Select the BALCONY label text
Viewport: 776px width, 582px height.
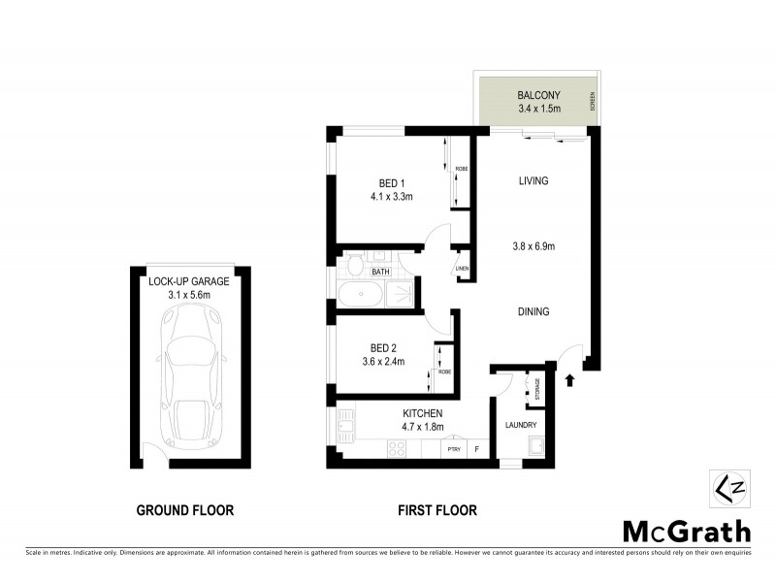tap(536, 95)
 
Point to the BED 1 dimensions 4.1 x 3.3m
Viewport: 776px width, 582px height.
tap(392, 197)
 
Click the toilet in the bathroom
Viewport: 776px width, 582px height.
tap(355, 266)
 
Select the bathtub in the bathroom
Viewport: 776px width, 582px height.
tap(364, 295)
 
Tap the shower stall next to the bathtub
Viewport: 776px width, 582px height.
tap(407, 295)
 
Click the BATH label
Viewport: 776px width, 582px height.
tap(379, 272)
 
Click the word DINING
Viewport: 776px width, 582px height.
tap(533, 312)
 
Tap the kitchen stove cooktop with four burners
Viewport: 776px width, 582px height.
tap(398, 448)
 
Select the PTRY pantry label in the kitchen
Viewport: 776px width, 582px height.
tap(452, 448)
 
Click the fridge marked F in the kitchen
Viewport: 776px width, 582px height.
tap(477, 448)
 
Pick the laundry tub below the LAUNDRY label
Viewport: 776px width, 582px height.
tap(535, 447)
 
